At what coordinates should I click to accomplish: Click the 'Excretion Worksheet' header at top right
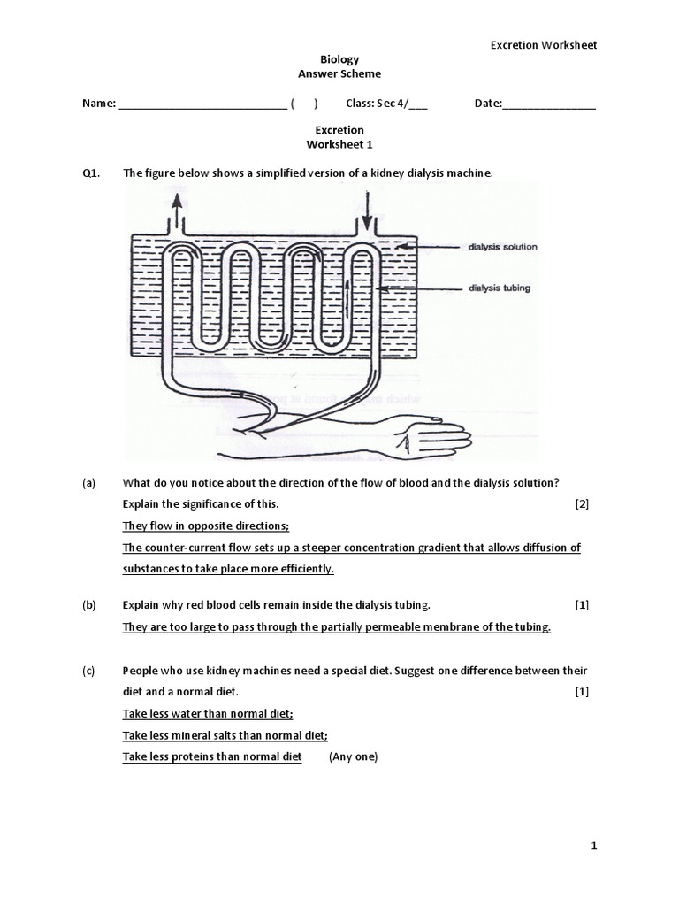(544, 45)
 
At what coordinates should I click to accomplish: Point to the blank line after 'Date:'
(549, 104)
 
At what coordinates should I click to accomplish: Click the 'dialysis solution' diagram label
(502, 247)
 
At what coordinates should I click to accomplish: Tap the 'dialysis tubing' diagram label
(500, 288)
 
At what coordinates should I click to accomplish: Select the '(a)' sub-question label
(88, 481)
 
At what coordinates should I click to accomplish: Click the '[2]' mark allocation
(581, 504)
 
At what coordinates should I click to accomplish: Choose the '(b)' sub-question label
(88, 605)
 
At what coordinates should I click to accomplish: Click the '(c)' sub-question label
(88, 671)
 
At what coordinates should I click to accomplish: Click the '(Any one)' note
(353, 756)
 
